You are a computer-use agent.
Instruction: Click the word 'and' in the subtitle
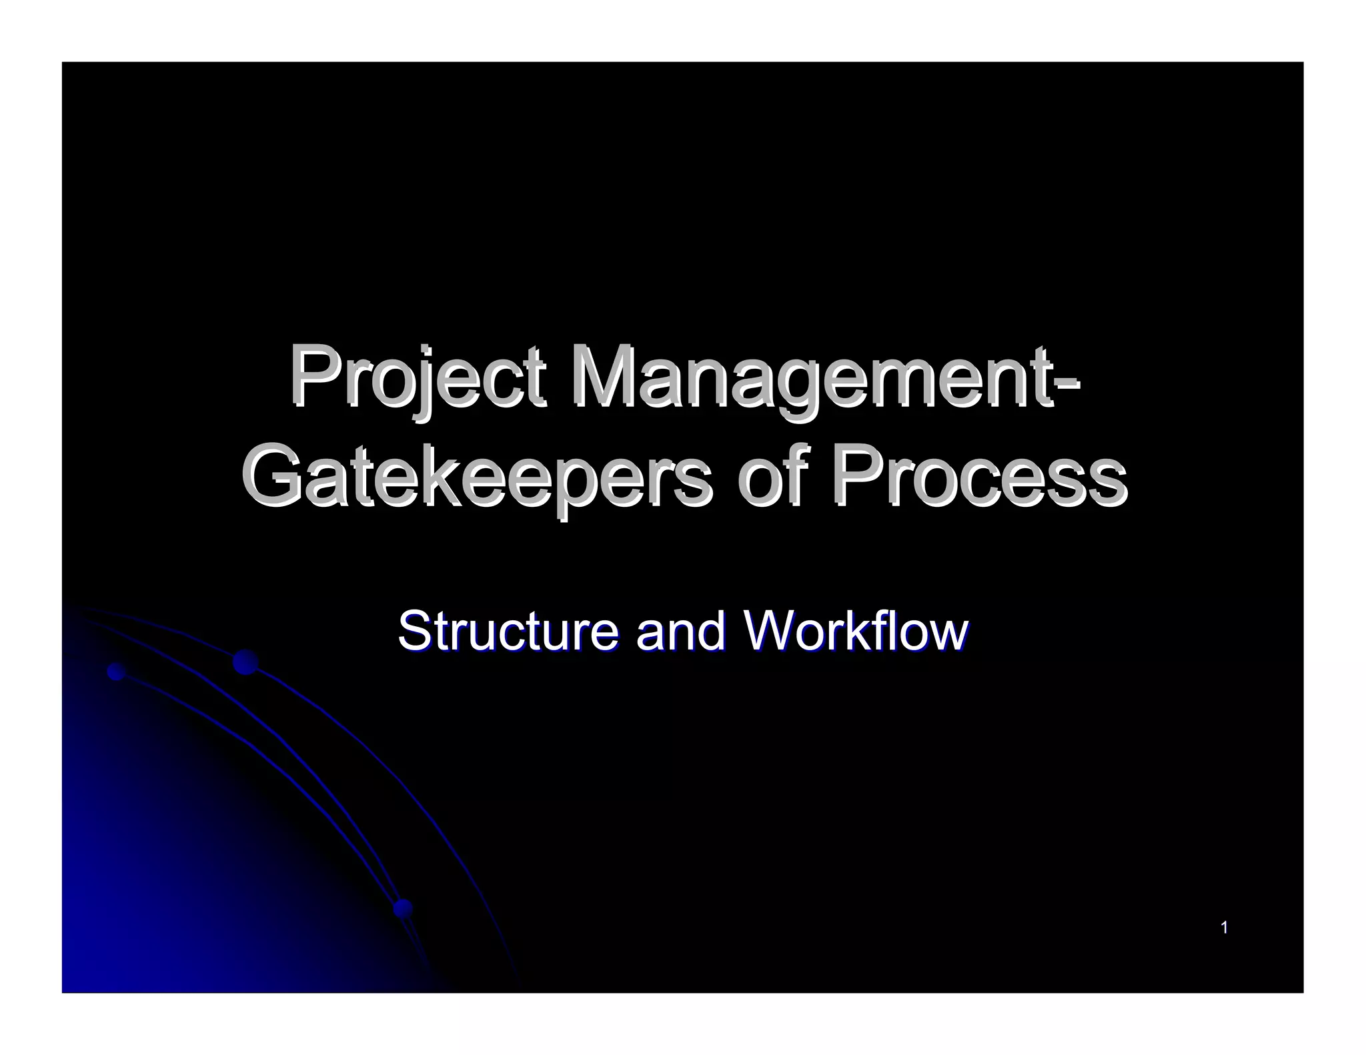679,630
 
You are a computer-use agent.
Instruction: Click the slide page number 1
1224,928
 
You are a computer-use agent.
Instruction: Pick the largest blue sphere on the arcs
245,662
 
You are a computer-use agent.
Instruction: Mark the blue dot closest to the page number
403,908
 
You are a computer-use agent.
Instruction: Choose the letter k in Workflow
867,630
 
